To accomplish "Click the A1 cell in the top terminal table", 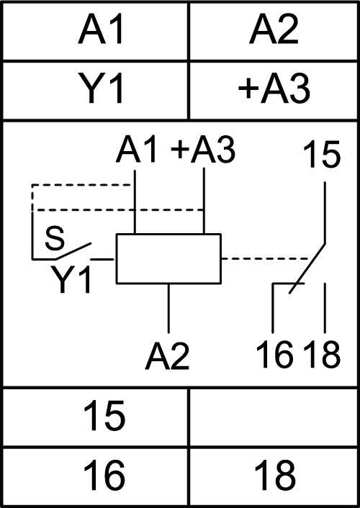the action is click(95, 31).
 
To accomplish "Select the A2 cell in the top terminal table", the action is click(274, 31).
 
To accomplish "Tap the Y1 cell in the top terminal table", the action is click(95, 90).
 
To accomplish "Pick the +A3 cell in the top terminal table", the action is click(274, 90).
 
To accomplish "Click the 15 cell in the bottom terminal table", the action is click(95, 417).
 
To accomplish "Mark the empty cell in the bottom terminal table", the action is click(274, 417).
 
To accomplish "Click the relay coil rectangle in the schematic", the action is click(168, 235).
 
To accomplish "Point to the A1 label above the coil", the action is click(137, 150).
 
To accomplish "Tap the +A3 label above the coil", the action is click(203, 150).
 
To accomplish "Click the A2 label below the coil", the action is click(167, 356).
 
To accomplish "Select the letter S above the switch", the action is click(55, 238).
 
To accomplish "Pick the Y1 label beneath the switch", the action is click(71, 280).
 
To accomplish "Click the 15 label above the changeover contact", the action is click(322, 155).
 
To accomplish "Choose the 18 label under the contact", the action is click(322, 355).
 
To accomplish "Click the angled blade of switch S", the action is click(73, 250).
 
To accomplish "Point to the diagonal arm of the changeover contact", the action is click(307, 268).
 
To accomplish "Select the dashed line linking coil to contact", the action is click(265, 259).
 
